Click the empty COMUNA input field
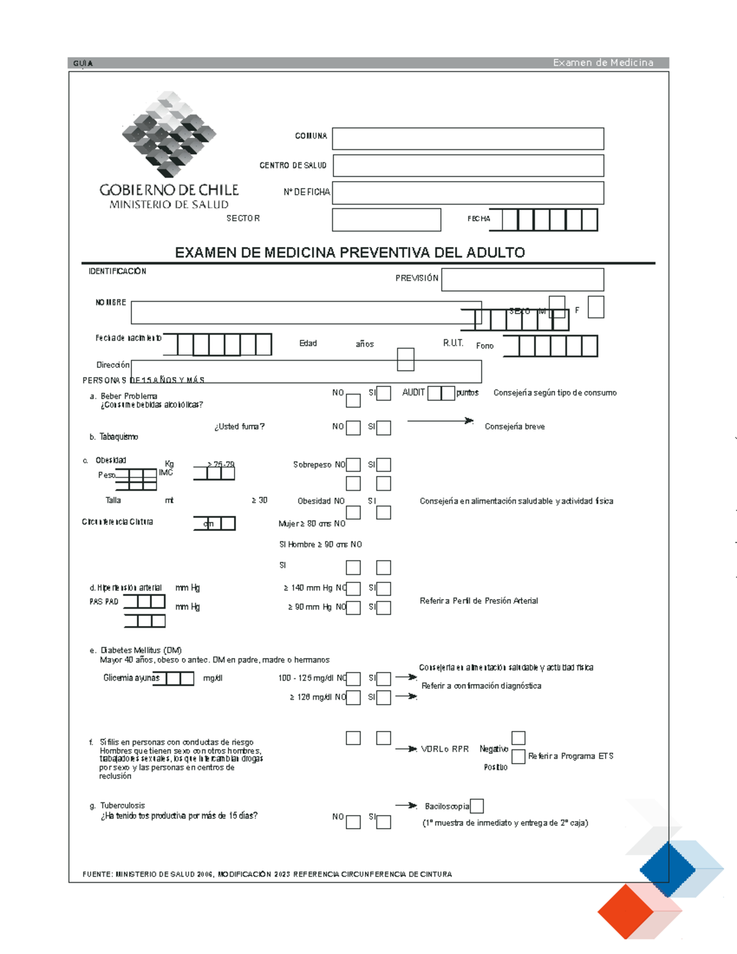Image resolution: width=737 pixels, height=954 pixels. (468, 139)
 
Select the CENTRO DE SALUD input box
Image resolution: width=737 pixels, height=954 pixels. (468, 166)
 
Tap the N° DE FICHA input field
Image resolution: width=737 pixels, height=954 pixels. (468, 193)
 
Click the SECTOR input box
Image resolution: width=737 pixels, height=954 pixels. (386, 220)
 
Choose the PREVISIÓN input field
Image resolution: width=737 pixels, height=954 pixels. (523, 280)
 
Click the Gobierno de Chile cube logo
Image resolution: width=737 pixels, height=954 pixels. (169, 134)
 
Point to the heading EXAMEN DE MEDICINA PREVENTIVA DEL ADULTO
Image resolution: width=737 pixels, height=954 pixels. (349, 252)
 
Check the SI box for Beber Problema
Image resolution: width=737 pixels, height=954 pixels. (384, 393)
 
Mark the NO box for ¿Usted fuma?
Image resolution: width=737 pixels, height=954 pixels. (353, 428)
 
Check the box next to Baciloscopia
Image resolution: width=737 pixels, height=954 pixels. (477, 806)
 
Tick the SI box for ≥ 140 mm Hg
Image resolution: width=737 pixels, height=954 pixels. (384, 588)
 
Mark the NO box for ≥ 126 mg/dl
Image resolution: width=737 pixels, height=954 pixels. (353, 698)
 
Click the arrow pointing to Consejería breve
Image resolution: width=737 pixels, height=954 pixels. (440, 421)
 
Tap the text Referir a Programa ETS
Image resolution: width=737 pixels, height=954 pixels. (571, 756)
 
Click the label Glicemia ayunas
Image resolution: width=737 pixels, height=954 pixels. (131, 678)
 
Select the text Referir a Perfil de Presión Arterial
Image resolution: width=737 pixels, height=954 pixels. (478, 601)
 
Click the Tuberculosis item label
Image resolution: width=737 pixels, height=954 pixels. (123, 805)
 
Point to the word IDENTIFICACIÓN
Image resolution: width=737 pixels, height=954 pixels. (117, 271)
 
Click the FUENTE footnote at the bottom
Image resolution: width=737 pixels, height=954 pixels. (267, 874)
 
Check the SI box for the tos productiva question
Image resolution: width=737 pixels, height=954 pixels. (384, 822)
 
